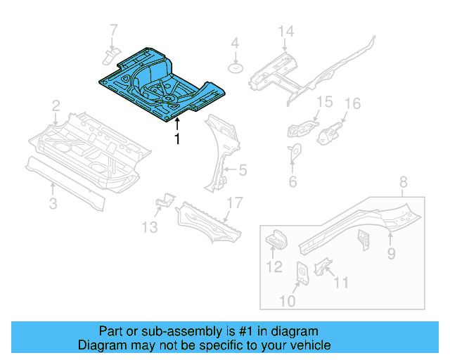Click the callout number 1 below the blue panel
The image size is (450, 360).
[x=177, y=139]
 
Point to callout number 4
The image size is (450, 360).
[x=236, y=44]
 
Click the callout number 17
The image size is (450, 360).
[x=233, y=203]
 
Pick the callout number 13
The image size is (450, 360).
[x=150, y=226]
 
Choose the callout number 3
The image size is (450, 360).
[x=53, y=204]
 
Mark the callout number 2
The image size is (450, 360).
[x=56, y=106]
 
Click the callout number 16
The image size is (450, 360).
[x=352, y=104]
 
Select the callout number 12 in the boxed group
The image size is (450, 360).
[x=274, y=267]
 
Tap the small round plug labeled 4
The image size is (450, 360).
[x=236, y=68]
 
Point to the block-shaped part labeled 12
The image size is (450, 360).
[x=274, y=241]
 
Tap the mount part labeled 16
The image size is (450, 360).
[x=330, y=134]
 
